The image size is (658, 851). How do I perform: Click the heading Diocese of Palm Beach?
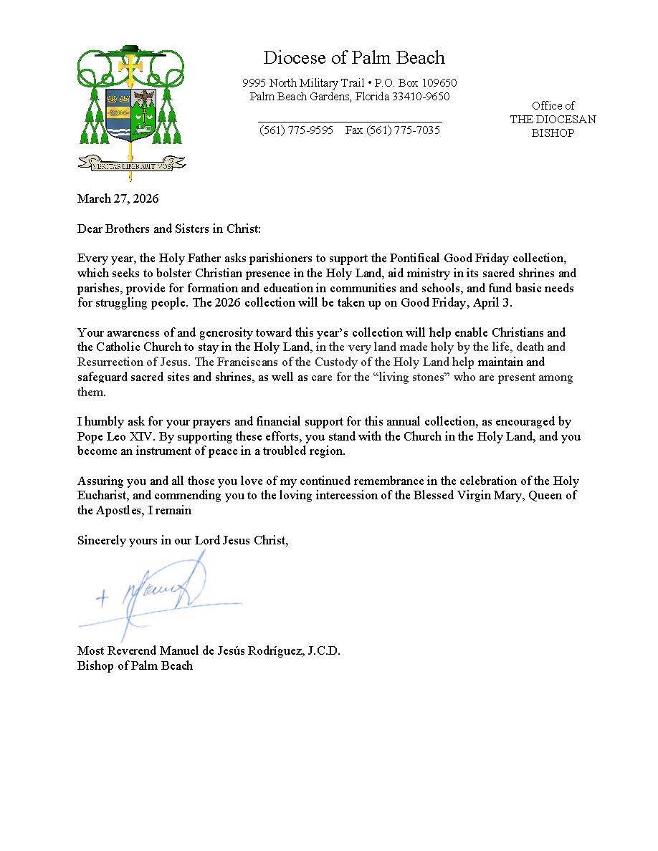pyautogui.click(x=353, y=58)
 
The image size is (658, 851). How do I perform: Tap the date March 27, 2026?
pyautogui.click(x=118, y=198)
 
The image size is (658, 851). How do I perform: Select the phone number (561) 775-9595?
pyautogui.click(x=296, y=130)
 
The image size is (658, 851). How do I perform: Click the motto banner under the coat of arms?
pyautogui.click(x=131, y=164)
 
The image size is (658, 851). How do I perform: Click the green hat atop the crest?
pyautogui.click(x=131, y=49)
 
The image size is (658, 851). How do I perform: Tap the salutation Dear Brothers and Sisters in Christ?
pyautogui.click(x=169, y=229)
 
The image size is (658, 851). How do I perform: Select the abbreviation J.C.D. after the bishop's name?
pyautogui.click(x=323, y=650)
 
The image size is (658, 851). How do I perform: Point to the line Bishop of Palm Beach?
pyautogui.click(x=135, y=665)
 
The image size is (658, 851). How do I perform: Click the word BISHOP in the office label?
pyautogui.click(x=553, y=133)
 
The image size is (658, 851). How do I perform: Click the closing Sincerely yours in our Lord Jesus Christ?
pyautogui.click(x=183, y=541)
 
